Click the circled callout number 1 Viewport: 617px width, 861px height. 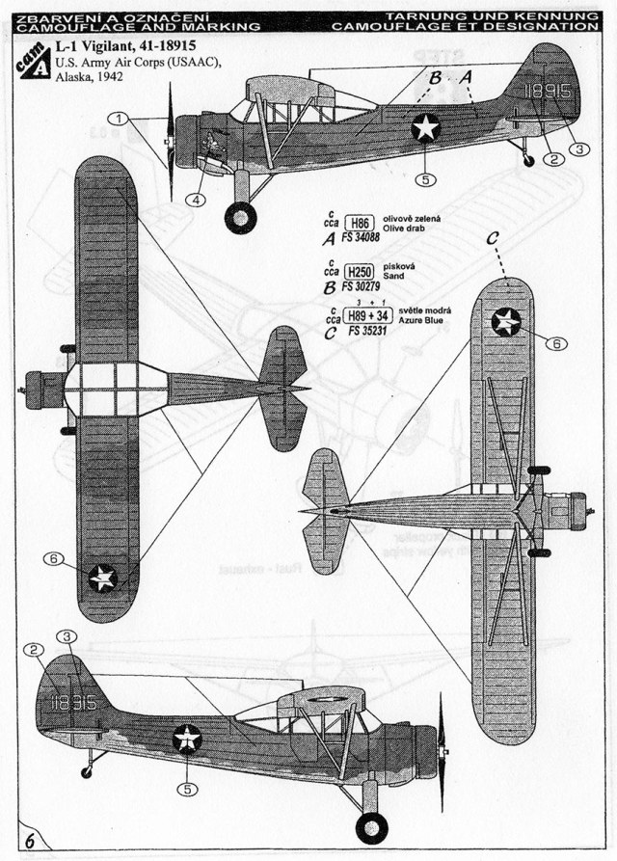coord(120,119)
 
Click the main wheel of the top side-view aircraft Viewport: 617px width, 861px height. coord(240,217)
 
